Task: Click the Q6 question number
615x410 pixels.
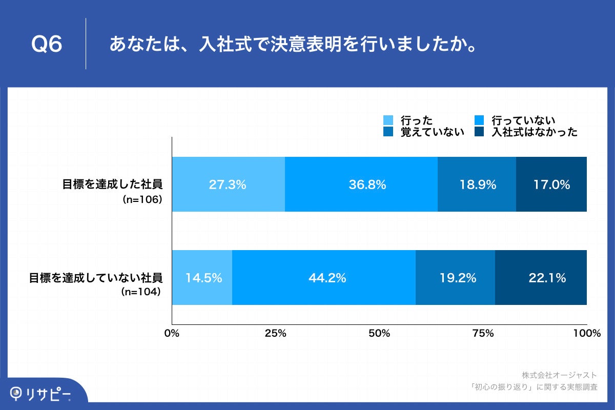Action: click(47, 45)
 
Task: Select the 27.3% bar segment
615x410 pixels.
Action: click(228, 184)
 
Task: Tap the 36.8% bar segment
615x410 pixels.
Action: click(361, 184)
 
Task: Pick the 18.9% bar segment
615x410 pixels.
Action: click(477, 184)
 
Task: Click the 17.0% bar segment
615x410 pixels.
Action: click(551, 184)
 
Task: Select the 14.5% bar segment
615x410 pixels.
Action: click(202, 278)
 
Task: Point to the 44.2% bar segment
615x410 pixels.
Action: click(324, 278)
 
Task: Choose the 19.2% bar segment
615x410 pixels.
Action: click(455, 278)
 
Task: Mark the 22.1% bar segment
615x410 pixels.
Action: click(541, 278)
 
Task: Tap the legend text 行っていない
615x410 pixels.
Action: click(523, 120)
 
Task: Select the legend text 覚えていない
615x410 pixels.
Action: click(433, 132)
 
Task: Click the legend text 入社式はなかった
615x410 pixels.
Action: click(535, 132)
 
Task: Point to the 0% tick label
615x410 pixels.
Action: click(172, 333)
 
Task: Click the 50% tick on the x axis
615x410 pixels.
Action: click(379, 333)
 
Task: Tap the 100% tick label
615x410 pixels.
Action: click(587, 333)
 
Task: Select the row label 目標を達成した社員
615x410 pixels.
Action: click(112, 184)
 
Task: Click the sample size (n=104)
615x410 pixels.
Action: click(141, 292)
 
